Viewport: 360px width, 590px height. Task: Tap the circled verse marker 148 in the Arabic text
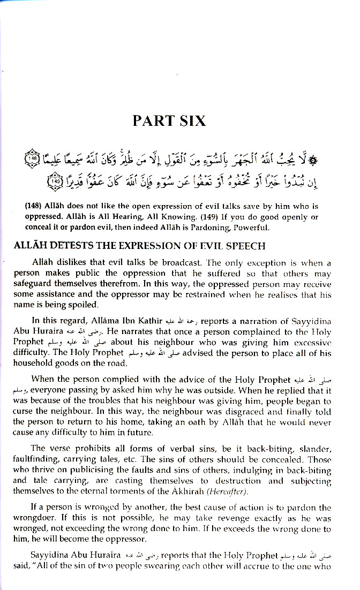(x=33, y=160)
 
